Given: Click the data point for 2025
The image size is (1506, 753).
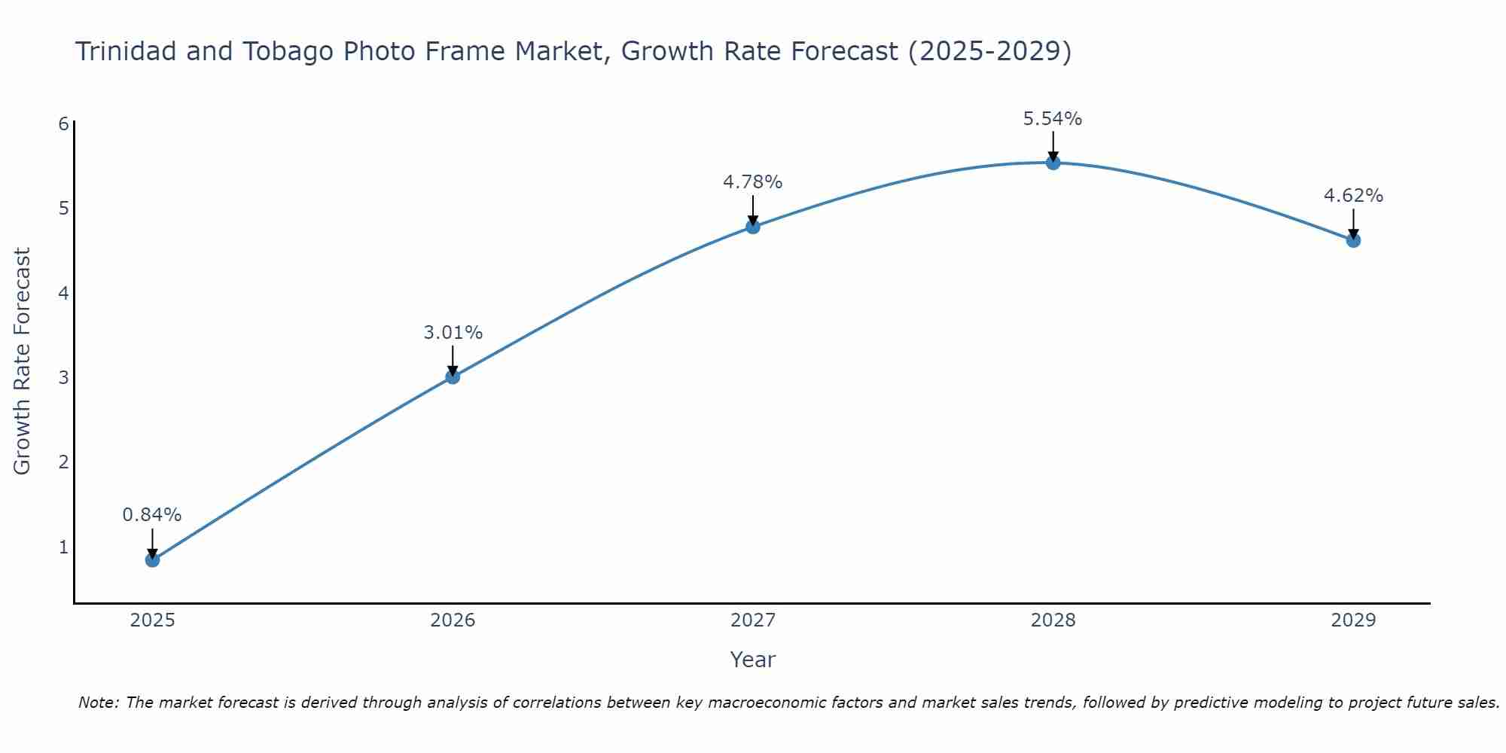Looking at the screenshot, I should click(152, 559).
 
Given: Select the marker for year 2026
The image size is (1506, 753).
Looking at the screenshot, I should click(453, 376).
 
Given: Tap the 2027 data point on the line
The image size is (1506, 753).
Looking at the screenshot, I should click(753, 226).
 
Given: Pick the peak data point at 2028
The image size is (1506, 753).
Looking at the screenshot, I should click(1053, 162).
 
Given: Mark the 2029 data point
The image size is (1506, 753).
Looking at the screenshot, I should click(1353, 240).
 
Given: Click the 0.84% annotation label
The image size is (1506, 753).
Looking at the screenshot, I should click(152, 515).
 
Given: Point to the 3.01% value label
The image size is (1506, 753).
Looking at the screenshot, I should click(453, 333).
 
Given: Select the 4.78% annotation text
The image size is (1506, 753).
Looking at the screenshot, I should click(753, 182).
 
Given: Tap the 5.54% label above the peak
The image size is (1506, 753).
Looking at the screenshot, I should click(1053, 119).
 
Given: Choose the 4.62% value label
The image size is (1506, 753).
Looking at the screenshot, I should click(1353, 196).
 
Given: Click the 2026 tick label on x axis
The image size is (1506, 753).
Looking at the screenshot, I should click(453, 620).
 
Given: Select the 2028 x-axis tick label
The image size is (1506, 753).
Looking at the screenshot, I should click(1053, 620).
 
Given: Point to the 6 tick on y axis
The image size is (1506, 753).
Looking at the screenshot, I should click(63, 123).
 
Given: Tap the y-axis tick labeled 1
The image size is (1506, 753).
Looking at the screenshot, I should click(63, 547).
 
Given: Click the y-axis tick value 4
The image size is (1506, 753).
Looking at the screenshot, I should click(63, 293).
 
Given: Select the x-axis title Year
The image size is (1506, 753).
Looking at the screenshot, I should click(753, 660).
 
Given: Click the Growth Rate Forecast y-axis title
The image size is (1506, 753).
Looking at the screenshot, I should click(23, 361).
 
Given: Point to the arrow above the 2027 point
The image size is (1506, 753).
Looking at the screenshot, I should click(753, 209).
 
